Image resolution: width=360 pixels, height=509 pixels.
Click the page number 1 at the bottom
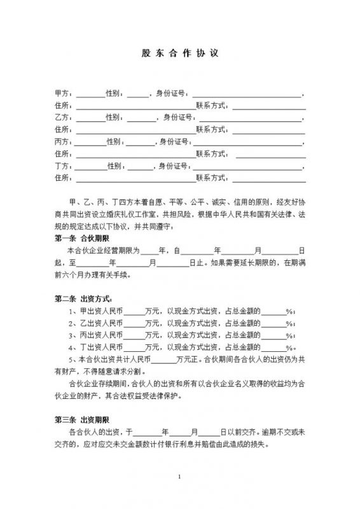pos(180,477)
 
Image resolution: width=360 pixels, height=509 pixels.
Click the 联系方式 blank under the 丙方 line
pos(268,153)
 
